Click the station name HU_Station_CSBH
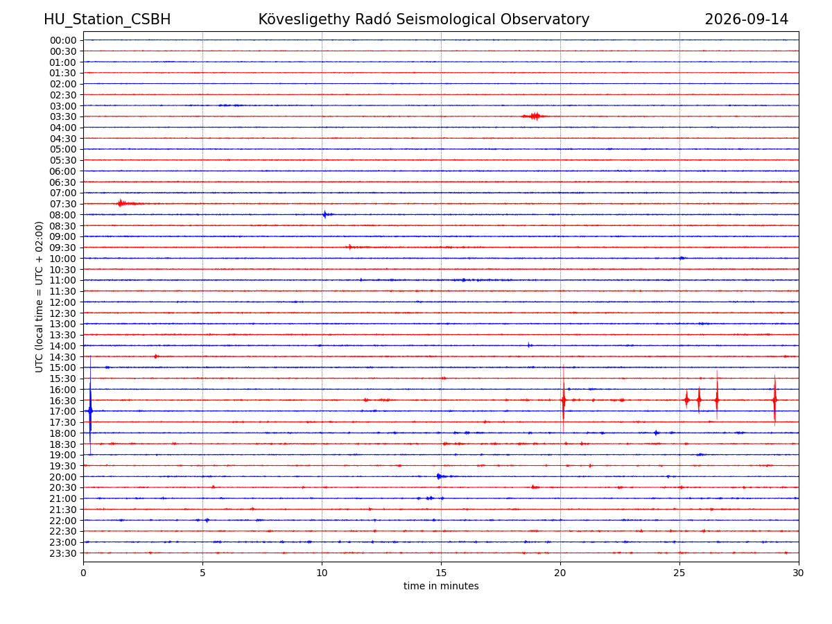pos(107,19)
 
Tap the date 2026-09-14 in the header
pos(746,19)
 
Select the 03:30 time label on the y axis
pos(63,116)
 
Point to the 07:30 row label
pos(63,205)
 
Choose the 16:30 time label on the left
pos(63,401)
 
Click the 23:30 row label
pos(63,553)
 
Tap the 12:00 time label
pos(63,302)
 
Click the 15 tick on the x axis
pos(441,573)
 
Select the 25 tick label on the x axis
pos(679,573)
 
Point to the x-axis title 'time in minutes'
pos(441,586)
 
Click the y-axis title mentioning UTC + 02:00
pos(39,297)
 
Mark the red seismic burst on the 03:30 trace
pos(535,116)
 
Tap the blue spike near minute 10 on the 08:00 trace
pos(325,214)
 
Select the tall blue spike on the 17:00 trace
pos(90,410)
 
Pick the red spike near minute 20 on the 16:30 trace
pos(563,400)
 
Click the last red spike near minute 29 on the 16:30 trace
pos(774,400)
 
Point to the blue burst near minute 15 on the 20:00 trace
pos(440,476)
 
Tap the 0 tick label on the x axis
pos(83,573)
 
